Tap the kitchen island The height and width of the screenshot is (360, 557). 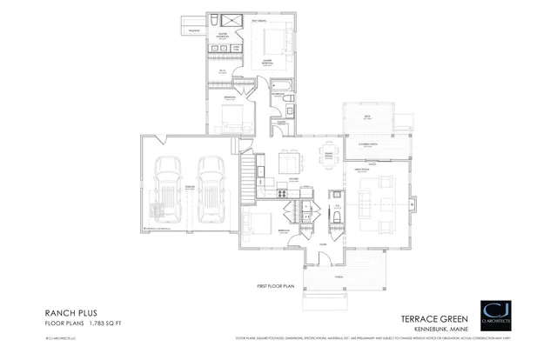288,163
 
